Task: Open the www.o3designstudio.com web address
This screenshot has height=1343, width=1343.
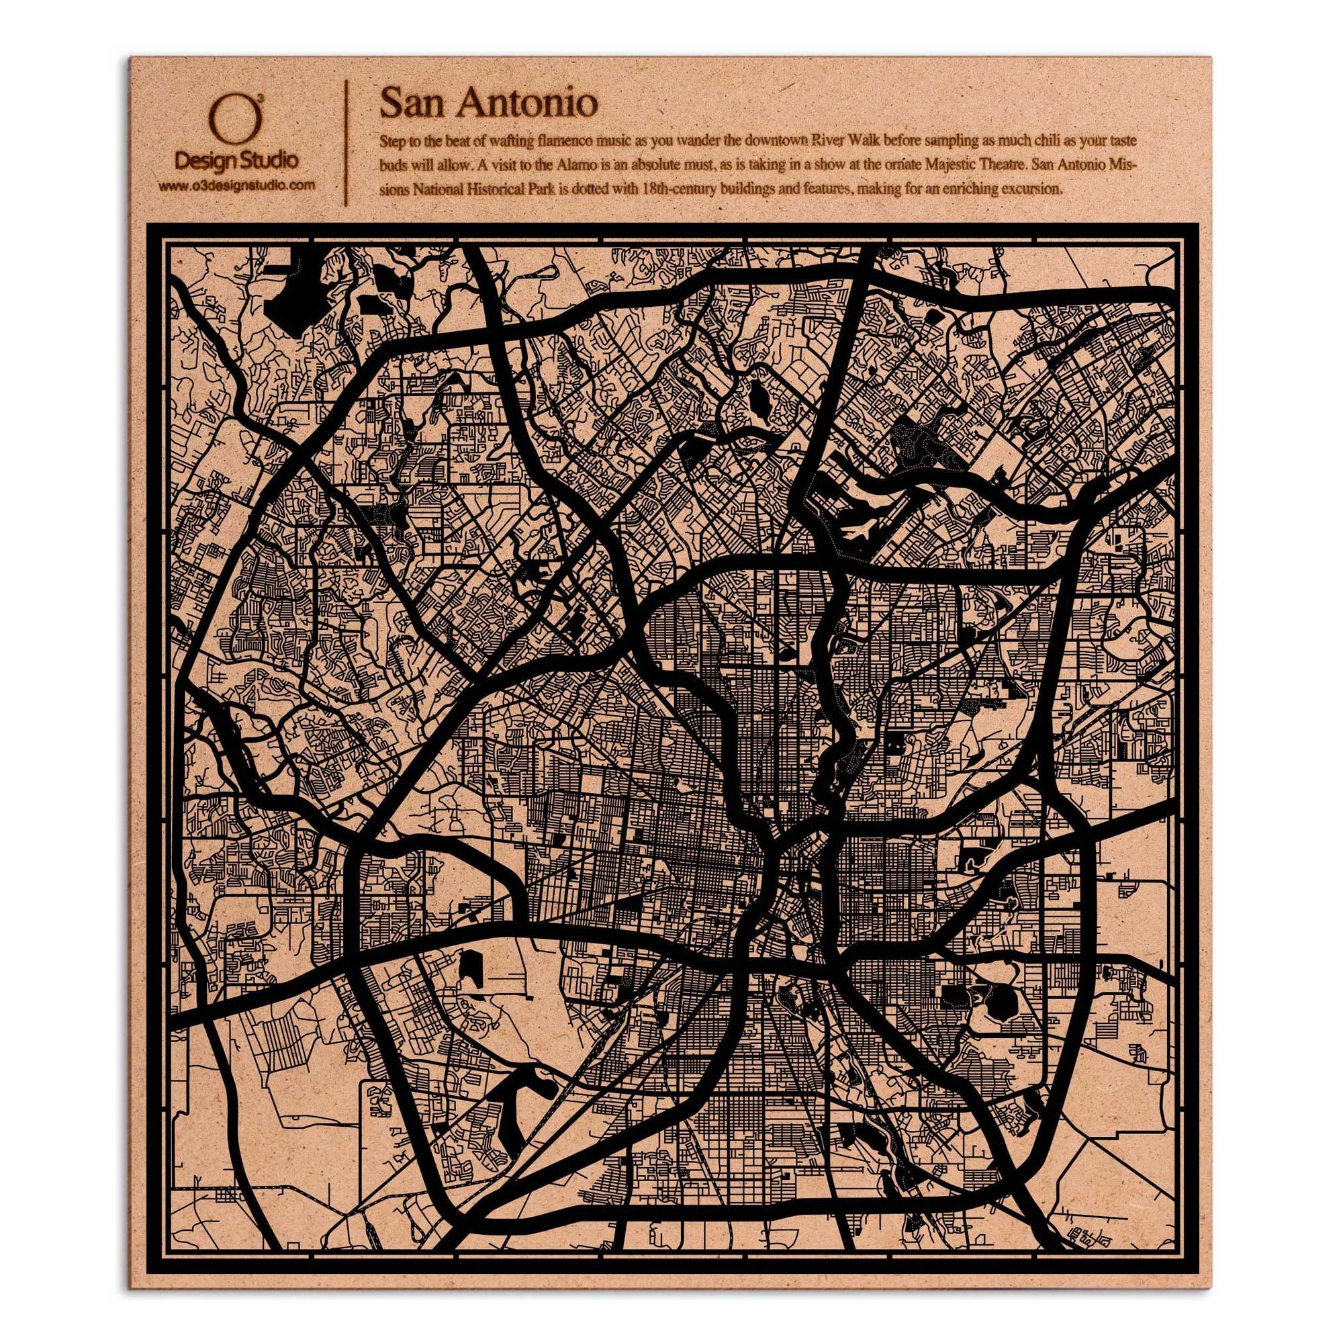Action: pyautogui.click(x=236, y=185)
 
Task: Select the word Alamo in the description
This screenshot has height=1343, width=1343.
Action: pyautogui.click(x=564, y=166)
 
